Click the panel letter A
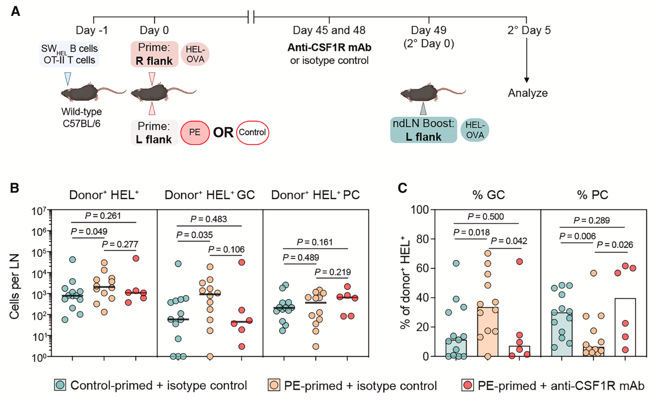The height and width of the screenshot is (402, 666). [x=15, y=11]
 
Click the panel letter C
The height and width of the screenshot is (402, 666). [x=402, y=188]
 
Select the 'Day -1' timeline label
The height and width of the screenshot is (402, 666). [x=92, y=30]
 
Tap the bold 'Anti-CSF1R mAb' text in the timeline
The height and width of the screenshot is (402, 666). [x=329, y=48]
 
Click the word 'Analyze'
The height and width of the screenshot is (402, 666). [x=528, y=93]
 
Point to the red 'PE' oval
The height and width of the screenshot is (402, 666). [x=195, y=132]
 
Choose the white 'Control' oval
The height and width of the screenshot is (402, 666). [x=252, y=132]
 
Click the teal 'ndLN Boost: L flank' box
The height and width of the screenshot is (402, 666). [x=423, y=130]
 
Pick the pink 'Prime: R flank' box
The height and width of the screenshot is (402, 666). [x=154, y=54]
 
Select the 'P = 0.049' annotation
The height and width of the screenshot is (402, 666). [x=89, y=232]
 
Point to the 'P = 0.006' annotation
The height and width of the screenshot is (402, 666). [x=577, y=236]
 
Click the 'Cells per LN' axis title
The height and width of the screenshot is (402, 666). [x=15, y=286]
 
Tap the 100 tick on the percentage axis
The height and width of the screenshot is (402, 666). [x=419, y=210]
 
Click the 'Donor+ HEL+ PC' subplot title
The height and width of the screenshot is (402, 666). [x=315, y=195]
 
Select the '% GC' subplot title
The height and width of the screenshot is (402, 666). [x=488, y=195]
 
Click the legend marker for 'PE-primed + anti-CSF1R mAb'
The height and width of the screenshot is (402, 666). [x=467, y=386]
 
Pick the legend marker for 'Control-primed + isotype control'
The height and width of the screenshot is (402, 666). [x=60, y=386]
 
